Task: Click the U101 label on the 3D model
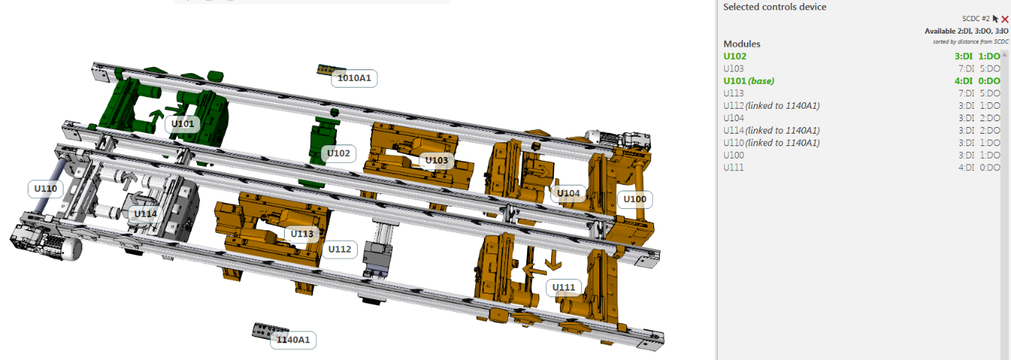182,124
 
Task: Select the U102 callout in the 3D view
339,153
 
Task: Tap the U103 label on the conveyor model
437,161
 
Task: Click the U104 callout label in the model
569,194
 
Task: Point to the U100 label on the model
634,199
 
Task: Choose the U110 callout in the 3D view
46,188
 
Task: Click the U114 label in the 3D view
145,214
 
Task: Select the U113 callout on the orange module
301,234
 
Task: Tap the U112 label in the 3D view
339,249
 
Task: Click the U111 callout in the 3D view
564,287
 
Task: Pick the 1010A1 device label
354,78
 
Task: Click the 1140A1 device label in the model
293,340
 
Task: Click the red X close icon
1004,19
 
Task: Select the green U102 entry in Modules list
736,56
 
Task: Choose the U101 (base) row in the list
748,81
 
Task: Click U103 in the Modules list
734,69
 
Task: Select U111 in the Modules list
734,167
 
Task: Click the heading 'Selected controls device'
774,7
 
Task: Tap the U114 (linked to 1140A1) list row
771,130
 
